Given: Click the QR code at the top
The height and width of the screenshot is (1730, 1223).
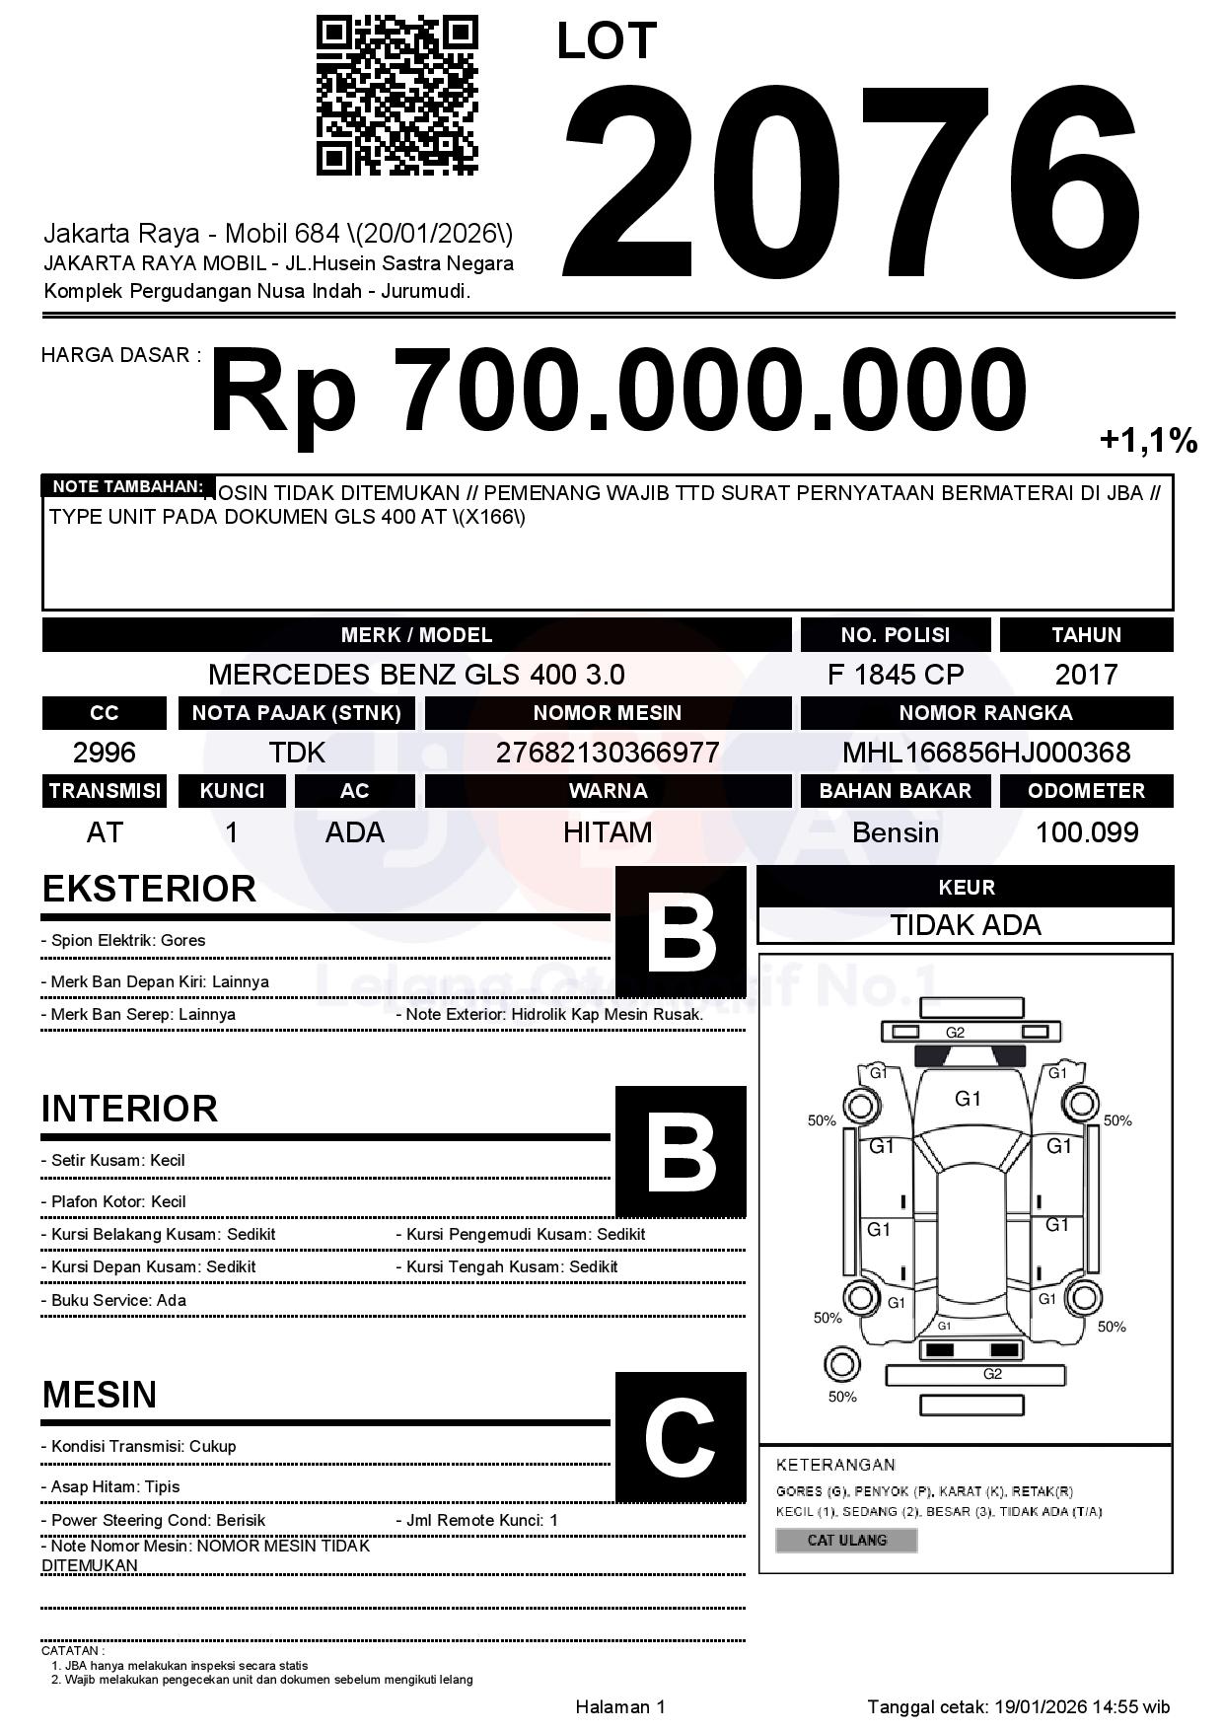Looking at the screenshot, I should point(396,96).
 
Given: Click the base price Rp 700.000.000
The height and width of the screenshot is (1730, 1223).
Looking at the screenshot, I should point(617,391).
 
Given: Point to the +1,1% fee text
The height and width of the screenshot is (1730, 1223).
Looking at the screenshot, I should point(1148,441).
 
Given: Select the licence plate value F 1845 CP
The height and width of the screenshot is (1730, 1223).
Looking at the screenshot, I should point(895,675).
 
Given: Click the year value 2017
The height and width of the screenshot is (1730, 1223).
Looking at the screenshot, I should point(1086,675).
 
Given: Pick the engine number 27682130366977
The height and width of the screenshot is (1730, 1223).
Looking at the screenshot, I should point(607,753).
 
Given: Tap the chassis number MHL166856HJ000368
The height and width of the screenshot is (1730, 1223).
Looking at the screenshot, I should point(985,753).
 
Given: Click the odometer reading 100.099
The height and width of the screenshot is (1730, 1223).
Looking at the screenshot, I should point(1086,832).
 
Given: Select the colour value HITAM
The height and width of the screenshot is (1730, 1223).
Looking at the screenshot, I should point(607,832).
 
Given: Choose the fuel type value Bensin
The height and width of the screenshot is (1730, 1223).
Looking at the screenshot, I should point(895,832).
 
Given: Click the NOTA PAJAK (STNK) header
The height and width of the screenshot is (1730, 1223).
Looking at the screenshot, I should point(296,713).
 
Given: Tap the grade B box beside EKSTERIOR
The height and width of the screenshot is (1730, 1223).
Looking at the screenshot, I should point(681,931).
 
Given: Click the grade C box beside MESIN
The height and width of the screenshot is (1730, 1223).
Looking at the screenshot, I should point(681,1437).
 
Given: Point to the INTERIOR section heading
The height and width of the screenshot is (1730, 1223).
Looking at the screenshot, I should point(129,1109).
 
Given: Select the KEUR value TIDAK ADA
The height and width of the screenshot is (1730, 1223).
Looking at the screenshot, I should point(966,925).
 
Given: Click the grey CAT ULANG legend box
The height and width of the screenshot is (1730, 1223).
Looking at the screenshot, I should point(846,1540).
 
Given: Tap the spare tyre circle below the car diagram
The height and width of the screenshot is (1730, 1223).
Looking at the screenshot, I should point(841,1365).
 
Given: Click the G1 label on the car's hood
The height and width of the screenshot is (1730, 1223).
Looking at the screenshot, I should point(968,1099).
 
